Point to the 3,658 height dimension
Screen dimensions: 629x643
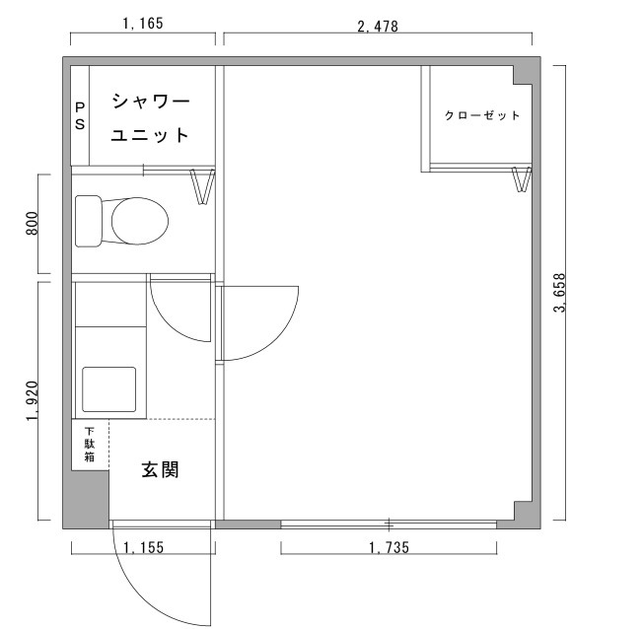(560, 293)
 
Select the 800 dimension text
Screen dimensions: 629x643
(31, 224)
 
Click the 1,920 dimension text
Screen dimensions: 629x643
(31, 401)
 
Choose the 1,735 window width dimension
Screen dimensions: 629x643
(389, 547)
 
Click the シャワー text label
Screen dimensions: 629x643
(149, 102)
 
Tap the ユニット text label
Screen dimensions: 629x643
(149, 135)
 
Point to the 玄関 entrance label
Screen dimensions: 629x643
(159, 470)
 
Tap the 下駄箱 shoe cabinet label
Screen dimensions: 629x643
(89, 444)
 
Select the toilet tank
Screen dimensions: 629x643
(89, 221)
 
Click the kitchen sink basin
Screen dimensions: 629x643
(112, 388)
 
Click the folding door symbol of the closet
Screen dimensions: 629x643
(522, 180)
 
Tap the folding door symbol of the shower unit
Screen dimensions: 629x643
(202, 186)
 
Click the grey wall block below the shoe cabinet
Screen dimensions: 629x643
(86, 499)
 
